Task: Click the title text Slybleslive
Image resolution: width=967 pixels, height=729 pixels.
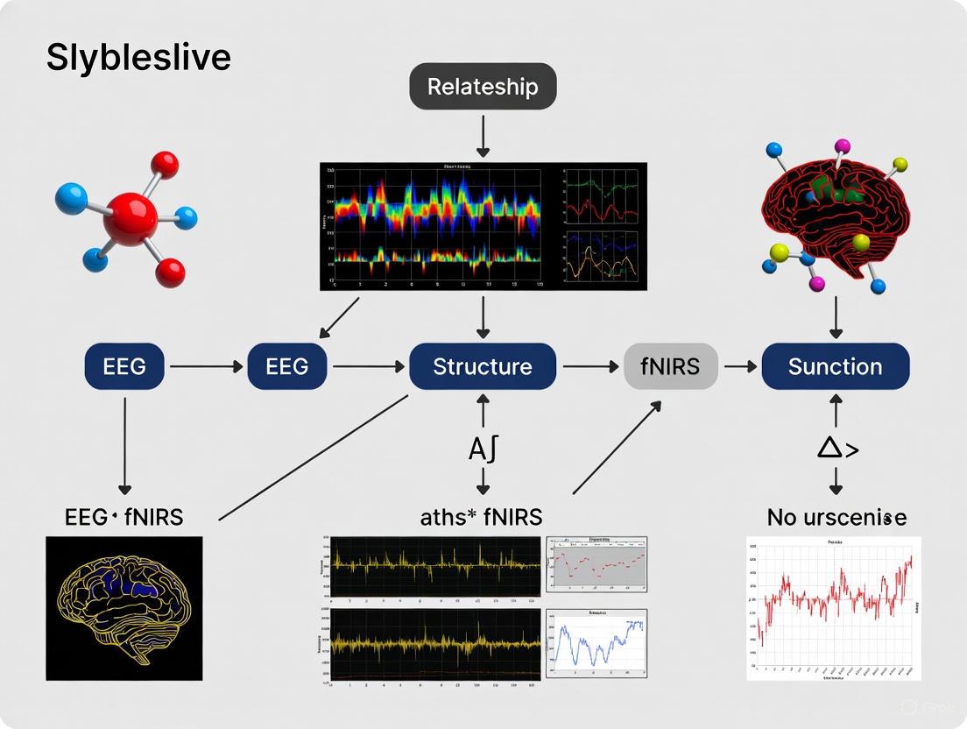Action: [138, 58]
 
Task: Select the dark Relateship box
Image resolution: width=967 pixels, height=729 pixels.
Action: [483, 87]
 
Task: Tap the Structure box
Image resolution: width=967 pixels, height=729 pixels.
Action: [483, 366]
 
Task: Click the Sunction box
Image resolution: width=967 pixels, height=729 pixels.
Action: [835, 366]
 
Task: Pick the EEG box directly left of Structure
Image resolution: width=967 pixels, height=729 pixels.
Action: [287, 366]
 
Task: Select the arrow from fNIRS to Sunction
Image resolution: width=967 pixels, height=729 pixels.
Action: [739, 366]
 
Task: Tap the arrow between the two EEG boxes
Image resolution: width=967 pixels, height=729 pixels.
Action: [207, 366]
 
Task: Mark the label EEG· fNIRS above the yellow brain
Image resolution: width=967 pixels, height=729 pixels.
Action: [124, 517]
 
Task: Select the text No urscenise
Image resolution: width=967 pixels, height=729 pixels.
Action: [836, 518]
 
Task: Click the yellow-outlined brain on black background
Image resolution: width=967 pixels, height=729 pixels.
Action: [124, 608]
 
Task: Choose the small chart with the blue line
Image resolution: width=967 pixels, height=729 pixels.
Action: [596, 643]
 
